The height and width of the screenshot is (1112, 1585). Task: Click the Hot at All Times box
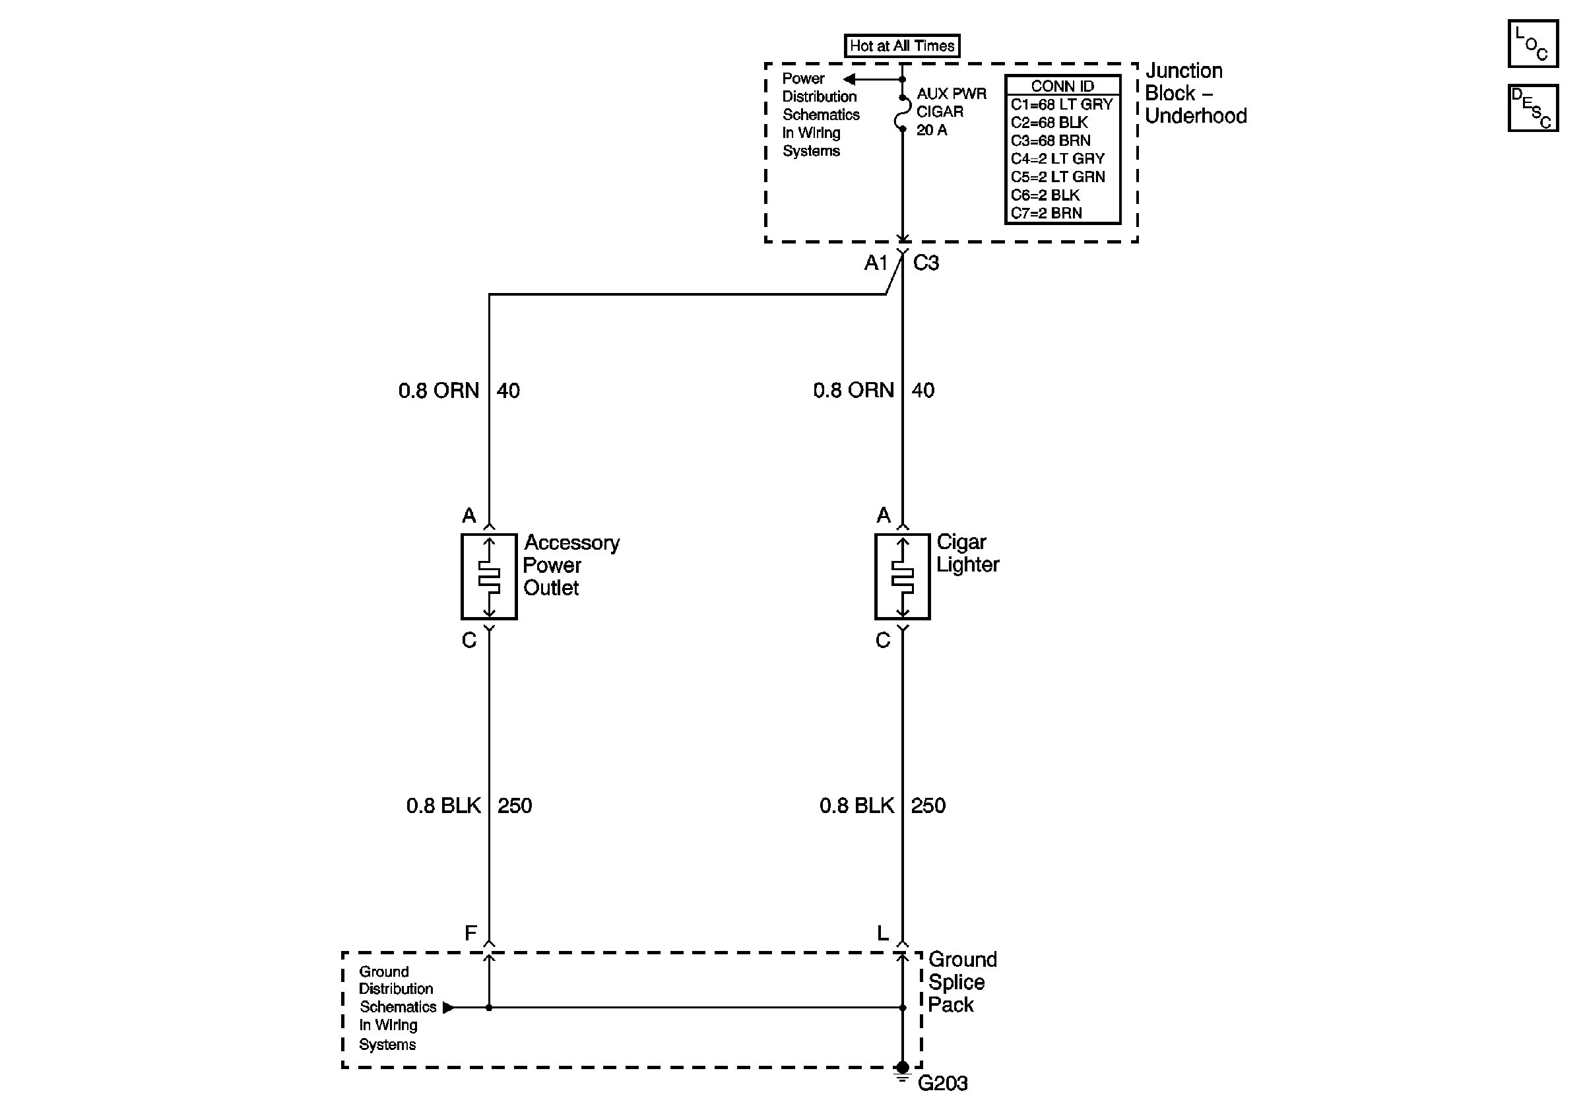tap(901, 46)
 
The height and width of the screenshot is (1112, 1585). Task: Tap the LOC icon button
tap(1532, 44)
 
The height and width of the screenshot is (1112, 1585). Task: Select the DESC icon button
tap(1532, 108)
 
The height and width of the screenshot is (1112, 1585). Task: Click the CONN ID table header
tap(1062, 86)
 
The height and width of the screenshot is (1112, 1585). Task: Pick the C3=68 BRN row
tap(1050, 141)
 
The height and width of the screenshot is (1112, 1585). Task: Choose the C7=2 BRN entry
tap(1046, 213)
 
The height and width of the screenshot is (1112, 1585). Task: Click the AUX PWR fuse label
tap(951, 94)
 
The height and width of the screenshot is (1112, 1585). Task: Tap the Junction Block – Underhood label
tap(1195, 93)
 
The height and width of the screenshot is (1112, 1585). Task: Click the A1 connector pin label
tap(876, 263)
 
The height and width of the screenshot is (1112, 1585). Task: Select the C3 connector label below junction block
tap(926, 263)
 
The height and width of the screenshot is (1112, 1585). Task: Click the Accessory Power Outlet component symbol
tap(489, 576)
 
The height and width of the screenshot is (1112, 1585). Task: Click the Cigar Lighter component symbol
tap(902, 576)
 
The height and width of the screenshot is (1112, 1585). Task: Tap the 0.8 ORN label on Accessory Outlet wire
tap(438, 391)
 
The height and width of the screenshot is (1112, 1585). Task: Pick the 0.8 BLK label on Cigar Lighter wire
tap(856, 806)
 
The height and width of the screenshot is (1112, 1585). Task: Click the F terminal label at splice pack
tap(470, 933)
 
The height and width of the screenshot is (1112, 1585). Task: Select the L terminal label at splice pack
tap(882, 933)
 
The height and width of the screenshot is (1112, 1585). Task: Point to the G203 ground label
tap(942, 1084)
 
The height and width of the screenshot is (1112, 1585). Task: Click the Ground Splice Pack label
tap(961, 981)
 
